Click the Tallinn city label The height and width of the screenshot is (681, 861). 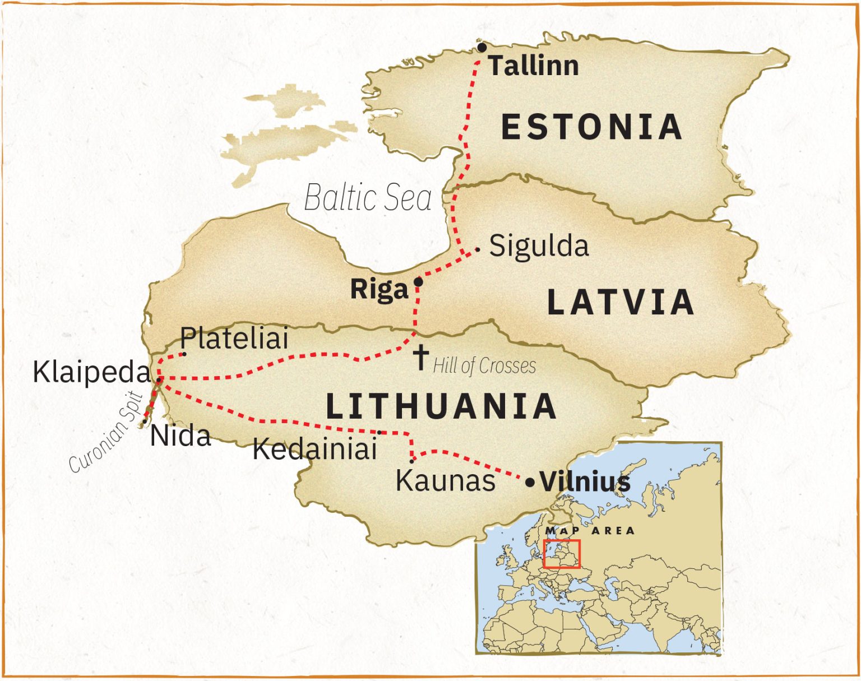point(533,66)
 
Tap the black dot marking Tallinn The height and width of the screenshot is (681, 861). point(482,48)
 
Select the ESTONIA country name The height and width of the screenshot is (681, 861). point(591,127)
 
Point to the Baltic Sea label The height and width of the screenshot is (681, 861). point(368,198)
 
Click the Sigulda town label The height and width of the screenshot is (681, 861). point(539,247)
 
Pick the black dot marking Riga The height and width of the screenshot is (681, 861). point(418,282)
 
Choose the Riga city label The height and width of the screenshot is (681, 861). point(379,290)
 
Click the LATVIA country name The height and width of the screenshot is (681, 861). point(621,302)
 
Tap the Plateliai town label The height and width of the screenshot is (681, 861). point(234,339)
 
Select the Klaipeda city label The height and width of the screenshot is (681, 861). point(92,372)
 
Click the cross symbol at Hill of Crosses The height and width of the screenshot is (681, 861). point(421,357)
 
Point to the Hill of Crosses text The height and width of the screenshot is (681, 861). point(484,366)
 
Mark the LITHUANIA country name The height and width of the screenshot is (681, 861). point(441,406)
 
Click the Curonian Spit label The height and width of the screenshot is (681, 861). point(107,433)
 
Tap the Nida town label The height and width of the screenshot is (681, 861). point(180,436)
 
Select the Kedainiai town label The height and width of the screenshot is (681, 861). point(314,449)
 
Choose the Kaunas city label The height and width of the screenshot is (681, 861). point(446,480)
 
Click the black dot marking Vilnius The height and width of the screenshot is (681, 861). point(530,482)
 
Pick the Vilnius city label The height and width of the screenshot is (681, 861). point(585,482)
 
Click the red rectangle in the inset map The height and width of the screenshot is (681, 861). point(562,554)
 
